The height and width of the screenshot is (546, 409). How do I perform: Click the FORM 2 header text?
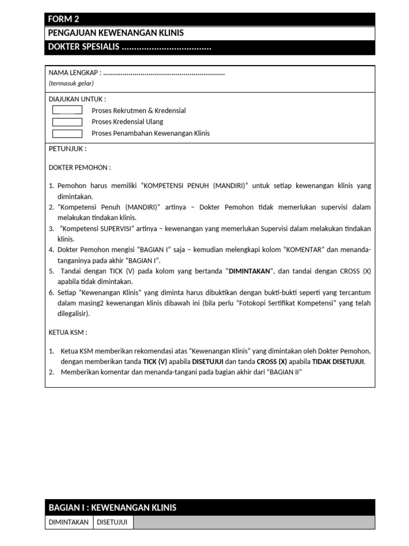click(63, 20)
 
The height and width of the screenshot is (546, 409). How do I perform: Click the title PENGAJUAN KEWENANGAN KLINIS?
click(116, 33)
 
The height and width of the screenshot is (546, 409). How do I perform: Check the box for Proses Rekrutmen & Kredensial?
click(67, 110)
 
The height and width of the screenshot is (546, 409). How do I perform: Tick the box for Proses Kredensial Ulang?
click(67, 122)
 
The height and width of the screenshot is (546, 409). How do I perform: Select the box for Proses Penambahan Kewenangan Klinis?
click(67, 133)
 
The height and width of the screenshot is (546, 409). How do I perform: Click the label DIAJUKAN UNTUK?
click(77, 99)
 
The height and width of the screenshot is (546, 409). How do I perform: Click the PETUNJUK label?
click(68, 149)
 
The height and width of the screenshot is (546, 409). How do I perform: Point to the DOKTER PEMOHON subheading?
click(80, 167)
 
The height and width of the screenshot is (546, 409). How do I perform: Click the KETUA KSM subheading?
click(68, 332)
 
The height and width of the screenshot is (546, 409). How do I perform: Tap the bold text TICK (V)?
click(155, 362)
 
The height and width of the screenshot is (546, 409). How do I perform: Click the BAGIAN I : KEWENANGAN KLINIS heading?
click(112, 508)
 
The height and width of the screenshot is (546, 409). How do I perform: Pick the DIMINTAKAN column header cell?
click(69, 523)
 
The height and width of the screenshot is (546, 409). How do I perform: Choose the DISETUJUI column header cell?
click(112, 523)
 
